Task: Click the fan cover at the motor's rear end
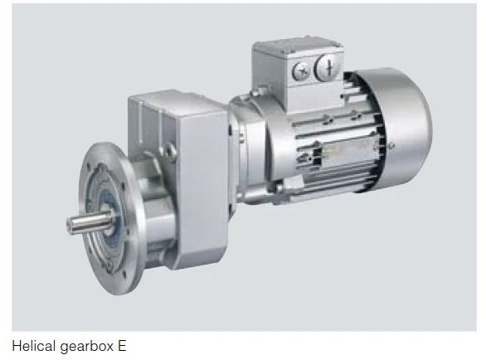(x=402, y=129)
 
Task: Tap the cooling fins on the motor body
(x=323, y=141)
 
